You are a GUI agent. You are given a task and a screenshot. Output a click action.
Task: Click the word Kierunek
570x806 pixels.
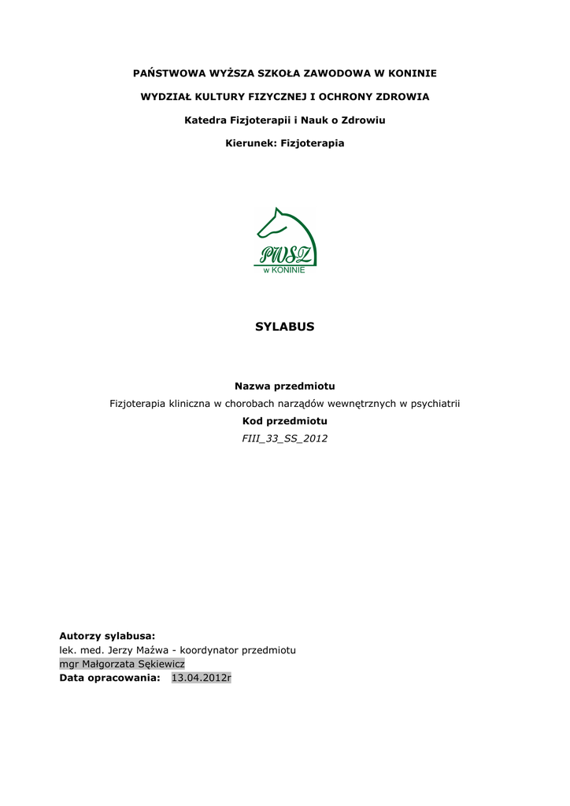[x=247, y=144]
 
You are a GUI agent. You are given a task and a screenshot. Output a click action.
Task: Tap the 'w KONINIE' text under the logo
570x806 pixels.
[x=284, y=270]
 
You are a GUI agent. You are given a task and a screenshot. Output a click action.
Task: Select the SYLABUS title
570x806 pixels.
[x=284, y=327]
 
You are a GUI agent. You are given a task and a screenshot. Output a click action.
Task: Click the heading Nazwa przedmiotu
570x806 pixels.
[x=285, y=386]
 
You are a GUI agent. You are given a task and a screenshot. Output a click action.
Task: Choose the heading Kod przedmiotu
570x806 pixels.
[x=285, y=421]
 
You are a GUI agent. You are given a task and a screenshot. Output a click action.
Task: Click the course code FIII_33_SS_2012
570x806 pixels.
[x=285, y=438]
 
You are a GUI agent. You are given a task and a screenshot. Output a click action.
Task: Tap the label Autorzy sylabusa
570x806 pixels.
[x=108, y=635]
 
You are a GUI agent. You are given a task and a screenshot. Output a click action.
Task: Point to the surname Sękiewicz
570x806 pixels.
[x=161, y=664]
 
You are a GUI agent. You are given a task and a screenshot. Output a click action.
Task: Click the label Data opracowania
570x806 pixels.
[x=110, y=678]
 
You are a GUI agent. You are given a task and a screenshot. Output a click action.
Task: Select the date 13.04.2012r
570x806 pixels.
[x=202, y=678]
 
